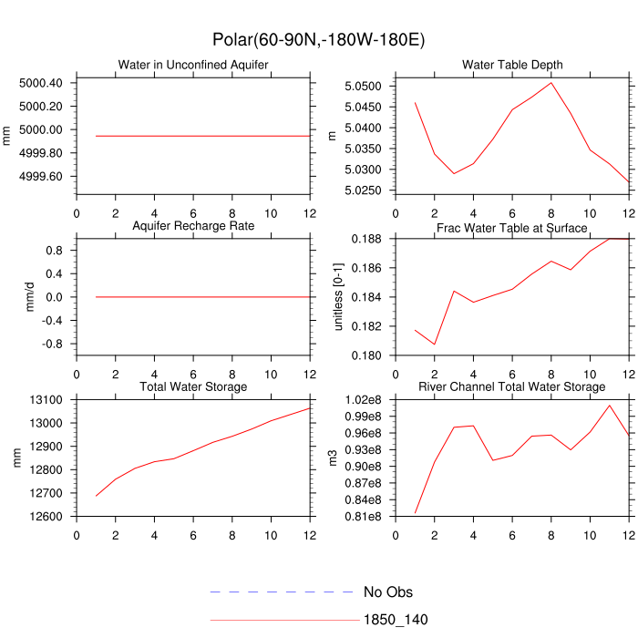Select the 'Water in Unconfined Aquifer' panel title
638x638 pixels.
(x=192, y=65)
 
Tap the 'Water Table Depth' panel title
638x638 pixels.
(x=512, y=65)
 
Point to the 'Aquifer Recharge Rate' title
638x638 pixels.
(x=192, y=225)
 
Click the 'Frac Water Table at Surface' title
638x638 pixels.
(x=512, y=227)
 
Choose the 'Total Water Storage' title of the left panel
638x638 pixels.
(x=192, y=387)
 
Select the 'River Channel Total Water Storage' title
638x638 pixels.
(x=512, y=387)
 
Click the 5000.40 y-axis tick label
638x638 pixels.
(x=40, y=83)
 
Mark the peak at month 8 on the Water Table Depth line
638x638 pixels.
(x=551, y=83)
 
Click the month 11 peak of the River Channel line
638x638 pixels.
(x=610, y=405)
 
